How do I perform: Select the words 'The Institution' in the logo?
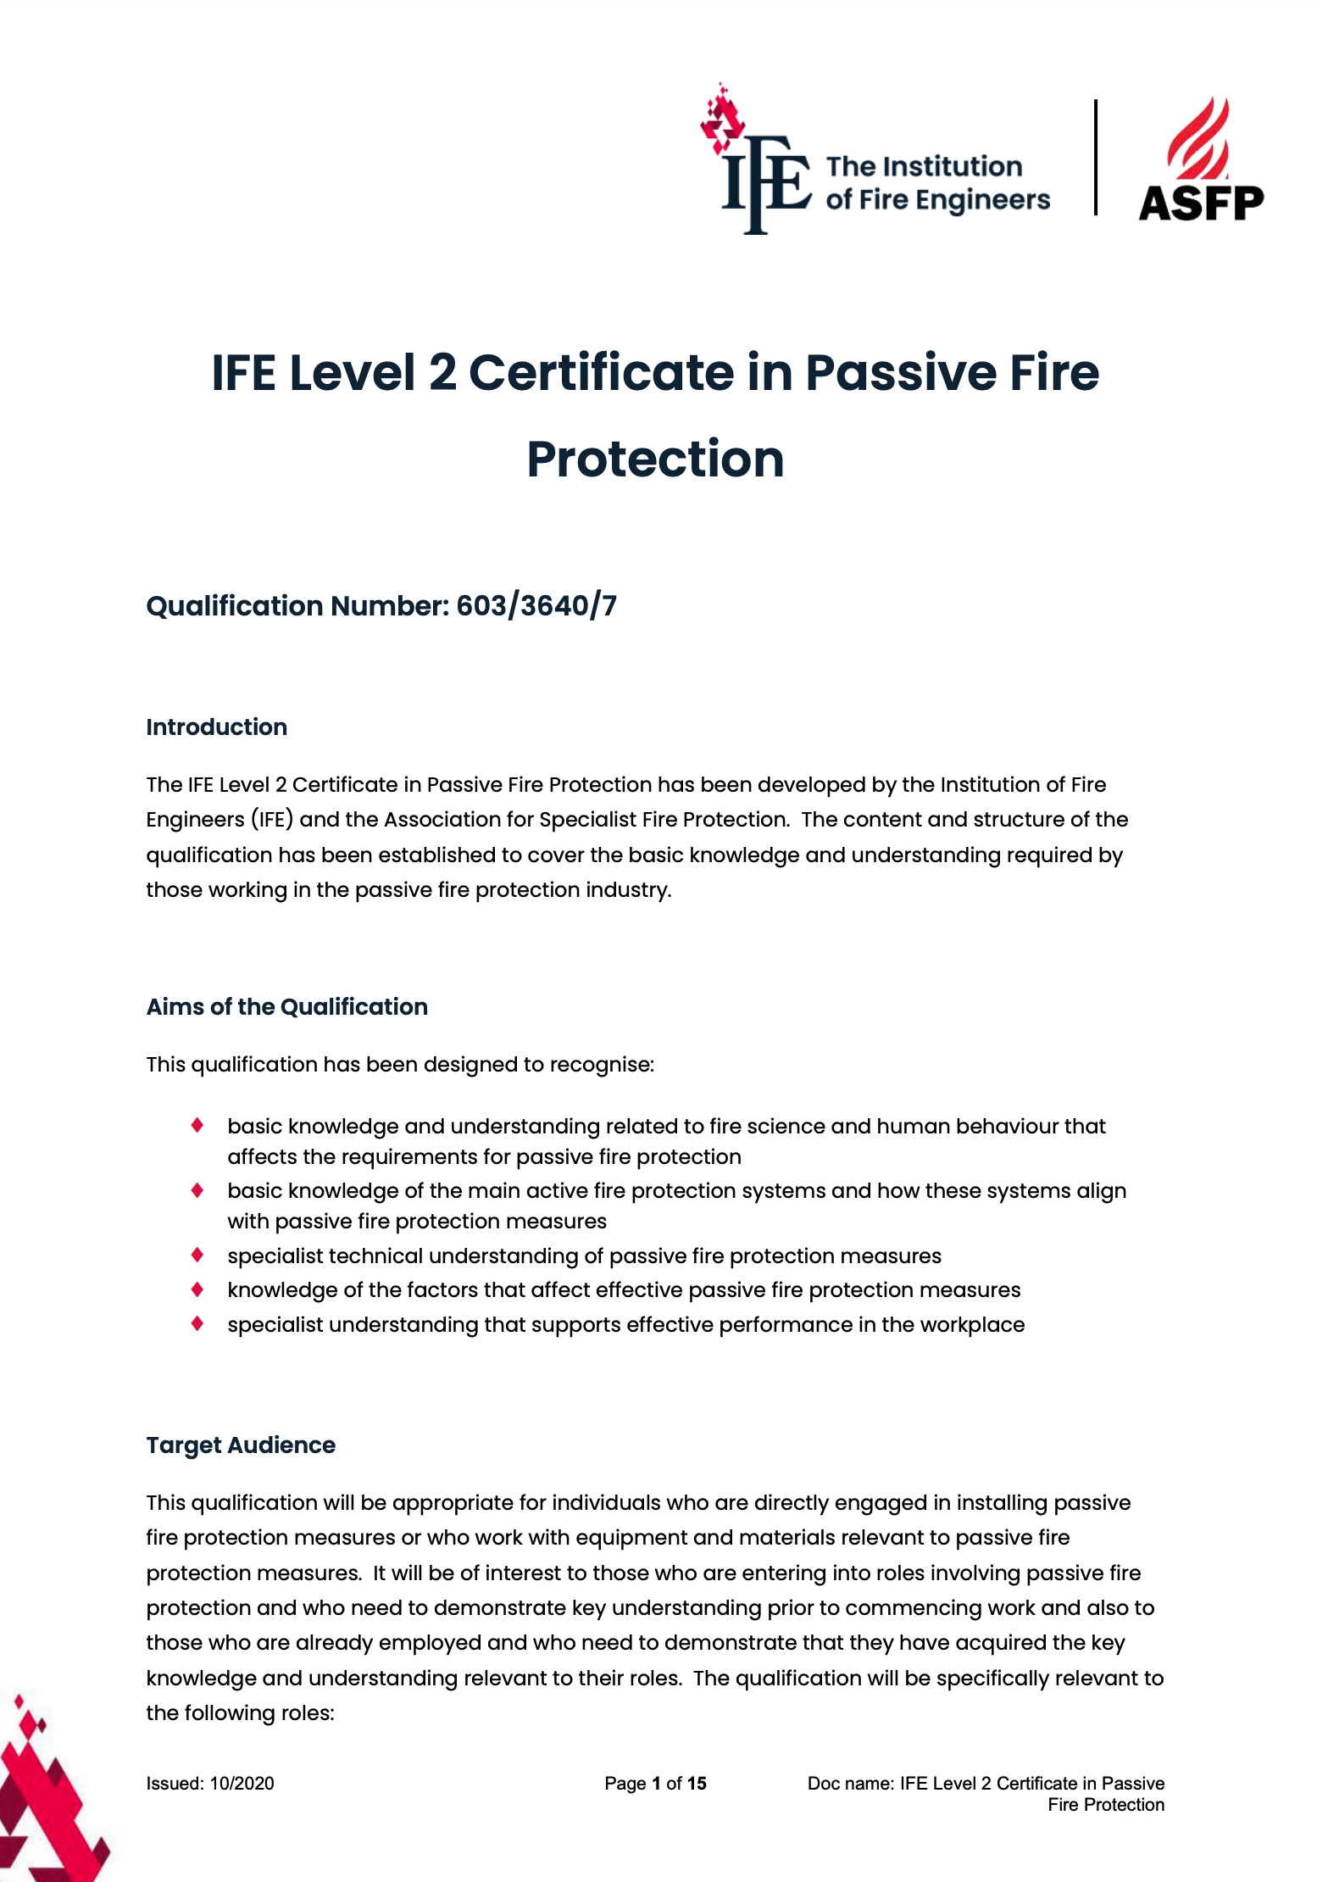[x=924, y=166]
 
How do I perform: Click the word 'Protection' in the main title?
[x=655, y=459]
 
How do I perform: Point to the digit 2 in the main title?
[x=442, y=373]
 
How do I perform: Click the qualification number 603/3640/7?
[x=536, y=606]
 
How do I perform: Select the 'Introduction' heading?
[x=216, y=727]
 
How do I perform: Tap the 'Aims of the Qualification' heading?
[x=286, y=1007]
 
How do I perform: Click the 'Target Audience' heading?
[x=241, y=1445]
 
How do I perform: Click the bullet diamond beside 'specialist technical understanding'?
[x=197, y=1255]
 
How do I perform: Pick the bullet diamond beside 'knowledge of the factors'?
[x=197, y=1289]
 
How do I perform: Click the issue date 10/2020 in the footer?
[x=242, y=1784]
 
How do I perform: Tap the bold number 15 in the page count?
[x=697, y=1784]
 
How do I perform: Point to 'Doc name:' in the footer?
[x=850, y=1784]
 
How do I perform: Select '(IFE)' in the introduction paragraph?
[x=271, y=820]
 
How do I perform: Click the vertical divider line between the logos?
[x=1096, y=158]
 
